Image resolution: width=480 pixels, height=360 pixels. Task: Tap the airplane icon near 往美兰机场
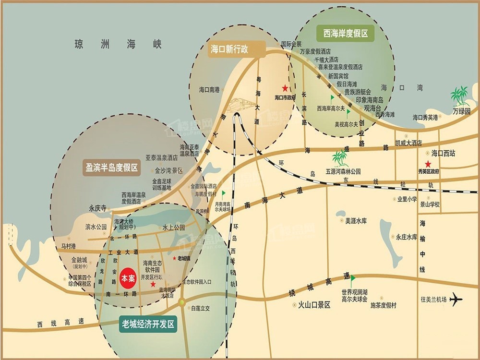point(456,300)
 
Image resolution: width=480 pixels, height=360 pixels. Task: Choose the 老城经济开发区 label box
point(147,325)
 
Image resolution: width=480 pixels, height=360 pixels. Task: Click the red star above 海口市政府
point(285,88)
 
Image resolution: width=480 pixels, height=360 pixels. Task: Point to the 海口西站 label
point(443,154)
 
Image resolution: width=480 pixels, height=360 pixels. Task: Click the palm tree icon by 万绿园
point(460,96)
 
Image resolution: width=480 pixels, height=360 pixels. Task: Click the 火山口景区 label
point(314,304)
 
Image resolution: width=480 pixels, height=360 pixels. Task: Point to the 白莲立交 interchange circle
point(182,302)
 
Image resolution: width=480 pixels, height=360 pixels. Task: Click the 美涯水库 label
point(356,221)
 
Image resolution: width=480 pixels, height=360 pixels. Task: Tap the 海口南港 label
point(209,90)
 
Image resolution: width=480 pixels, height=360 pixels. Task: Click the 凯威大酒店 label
point(408,143)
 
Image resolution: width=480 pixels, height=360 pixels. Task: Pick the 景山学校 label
point(430,204)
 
